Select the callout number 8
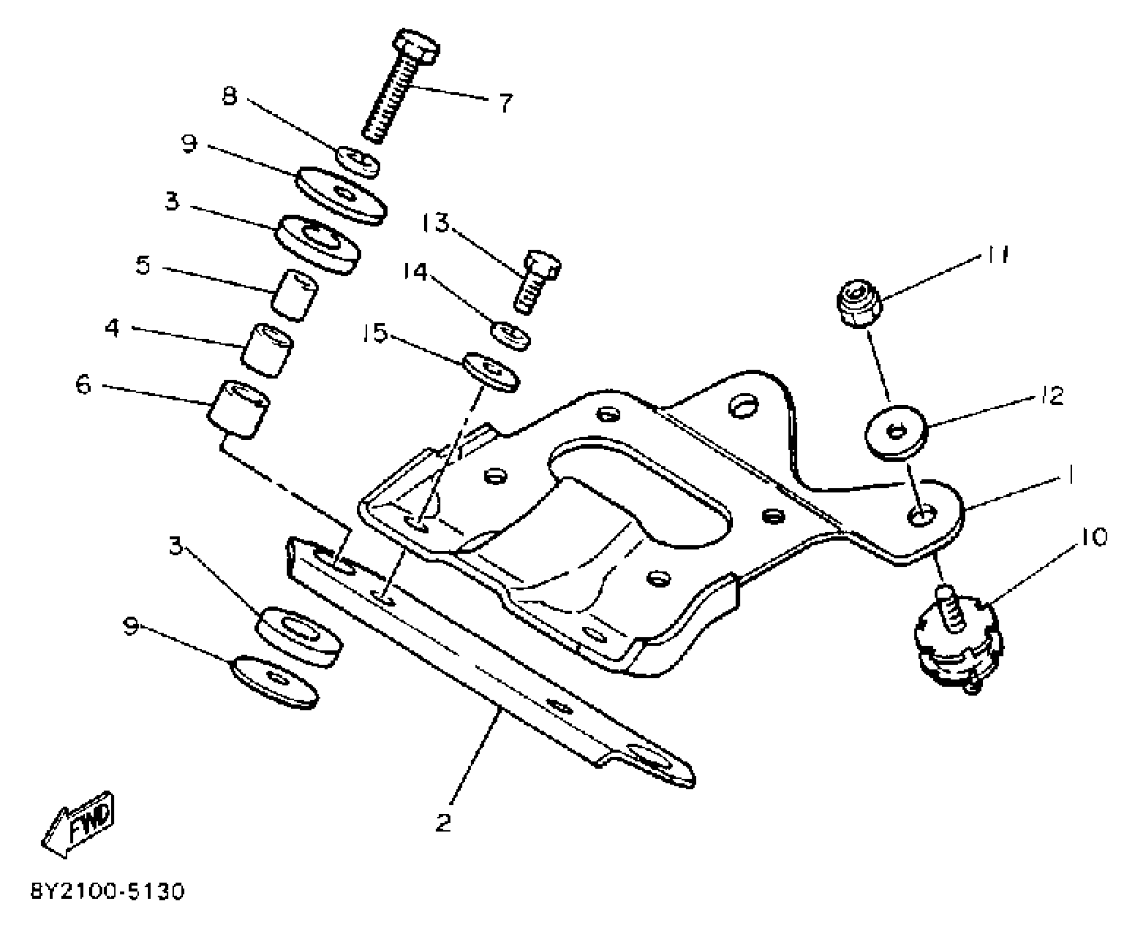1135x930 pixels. point(230,97)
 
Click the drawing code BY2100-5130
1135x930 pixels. point(107,892)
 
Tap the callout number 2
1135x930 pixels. point(443,823)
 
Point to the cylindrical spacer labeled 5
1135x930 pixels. point(296,294)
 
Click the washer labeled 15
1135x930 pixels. point(491,371)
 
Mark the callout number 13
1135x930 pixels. point(435,224)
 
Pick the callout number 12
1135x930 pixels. point(1051,396)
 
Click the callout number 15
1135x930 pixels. point(375,333)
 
